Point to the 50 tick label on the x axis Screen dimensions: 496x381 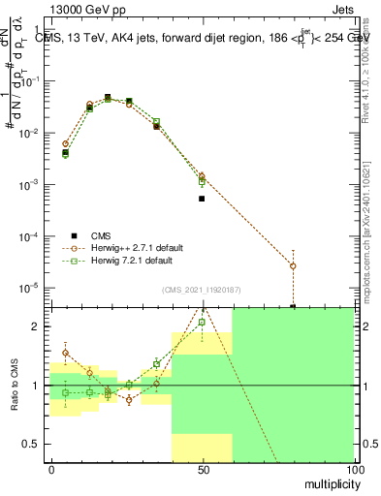(203, 471)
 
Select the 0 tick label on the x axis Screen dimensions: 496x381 (51, 471)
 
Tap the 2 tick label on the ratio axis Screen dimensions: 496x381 (34, 326)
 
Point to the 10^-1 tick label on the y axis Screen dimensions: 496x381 (28, 81)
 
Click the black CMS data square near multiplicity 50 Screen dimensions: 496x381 (202, 199)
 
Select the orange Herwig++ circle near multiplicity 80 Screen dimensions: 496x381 (293, 265)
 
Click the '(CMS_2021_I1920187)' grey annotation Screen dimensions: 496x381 (201, 290)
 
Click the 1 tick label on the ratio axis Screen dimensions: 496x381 (34, 386)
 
